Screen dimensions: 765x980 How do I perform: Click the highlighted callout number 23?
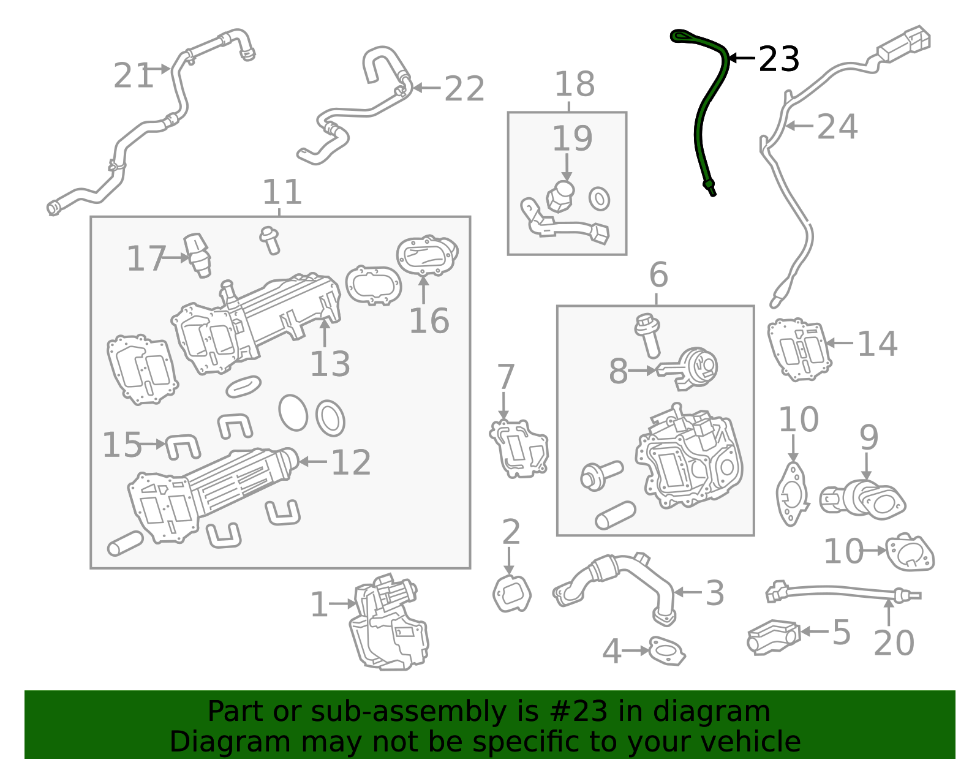pos(778,59)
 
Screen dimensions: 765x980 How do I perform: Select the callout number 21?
pos(132,77)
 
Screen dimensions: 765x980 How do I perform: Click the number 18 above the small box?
pos(574,85)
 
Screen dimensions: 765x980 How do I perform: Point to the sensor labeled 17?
pos(198,254)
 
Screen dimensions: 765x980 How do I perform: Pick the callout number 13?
pos(330,364)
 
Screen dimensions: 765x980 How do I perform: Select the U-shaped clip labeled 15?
pos(183,446)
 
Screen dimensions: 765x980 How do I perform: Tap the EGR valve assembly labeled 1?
pos(389,625)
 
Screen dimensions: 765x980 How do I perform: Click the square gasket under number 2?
pos(511,593)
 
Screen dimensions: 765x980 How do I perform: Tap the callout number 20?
pos(894,643)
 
